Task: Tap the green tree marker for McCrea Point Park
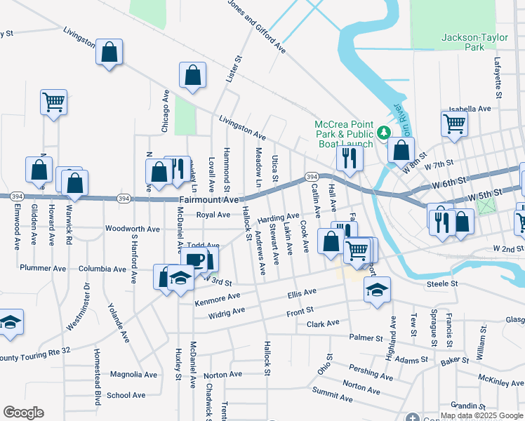[x=384, y=131]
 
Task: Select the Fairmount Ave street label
[x=209, y=200]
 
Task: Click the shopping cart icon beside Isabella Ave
[x=454, y=124]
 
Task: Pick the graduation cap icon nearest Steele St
[x=377, y=289]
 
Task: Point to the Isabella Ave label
[x=470, y=109]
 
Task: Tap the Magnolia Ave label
[x=133, y=375]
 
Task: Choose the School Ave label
[x=126, y=395]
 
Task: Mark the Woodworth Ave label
[x=133, y=229]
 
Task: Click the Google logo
[x=23, y=413]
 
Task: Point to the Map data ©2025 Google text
[x=481, y=415]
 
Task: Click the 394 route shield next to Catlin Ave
[x=311, y=176]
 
